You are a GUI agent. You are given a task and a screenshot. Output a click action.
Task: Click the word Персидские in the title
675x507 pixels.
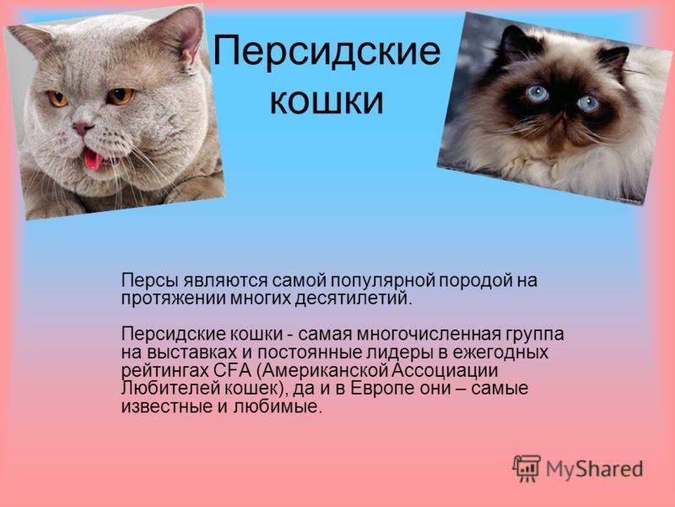[x=327, y=52]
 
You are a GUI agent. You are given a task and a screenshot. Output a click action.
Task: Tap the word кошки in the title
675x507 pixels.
[x=327, y=101]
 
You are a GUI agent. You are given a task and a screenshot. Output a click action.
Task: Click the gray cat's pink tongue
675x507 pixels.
[x=93, y=159]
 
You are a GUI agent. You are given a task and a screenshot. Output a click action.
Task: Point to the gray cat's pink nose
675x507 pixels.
[x=81, y=128]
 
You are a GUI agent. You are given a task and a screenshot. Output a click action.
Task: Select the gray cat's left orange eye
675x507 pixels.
[x=57, y=99]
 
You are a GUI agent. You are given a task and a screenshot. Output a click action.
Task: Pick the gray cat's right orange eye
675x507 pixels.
[x=120, y=95]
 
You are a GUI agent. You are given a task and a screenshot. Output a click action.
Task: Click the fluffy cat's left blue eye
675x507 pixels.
[x=537, y=94]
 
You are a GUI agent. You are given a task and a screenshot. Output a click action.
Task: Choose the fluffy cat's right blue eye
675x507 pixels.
[x=587, y=103]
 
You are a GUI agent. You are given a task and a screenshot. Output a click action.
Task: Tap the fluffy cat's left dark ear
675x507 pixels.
[x=517, y=43]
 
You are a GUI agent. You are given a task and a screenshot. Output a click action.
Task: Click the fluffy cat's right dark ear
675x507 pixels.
[x=613, y=58]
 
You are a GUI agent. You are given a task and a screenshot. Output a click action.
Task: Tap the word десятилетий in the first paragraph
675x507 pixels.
[x=354, y=299]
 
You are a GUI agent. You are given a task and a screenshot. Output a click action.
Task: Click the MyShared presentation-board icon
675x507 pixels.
[x=526, y=468]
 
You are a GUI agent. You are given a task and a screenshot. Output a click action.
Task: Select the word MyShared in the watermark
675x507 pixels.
[x=595, y=469]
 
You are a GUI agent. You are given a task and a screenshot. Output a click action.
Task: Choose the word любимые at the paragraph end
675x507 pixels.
[x=278, y=406]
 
